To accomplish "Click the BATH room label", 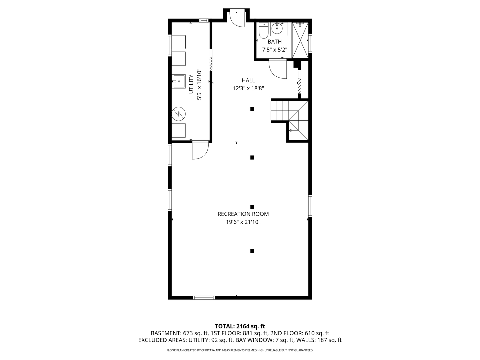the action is click(274, 42).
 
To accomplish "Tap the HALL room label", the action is click(248, 80).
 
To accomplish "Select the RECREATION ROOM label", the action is click(243, 214).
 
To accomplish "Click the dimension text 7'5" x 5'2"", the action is click(274, 50).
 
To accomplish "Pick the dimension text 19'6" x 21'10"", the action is click(243, 222).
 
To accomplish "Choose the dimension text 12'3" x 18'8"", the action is click(248, 89).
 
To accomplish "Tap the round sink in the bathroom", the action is click(277, 28).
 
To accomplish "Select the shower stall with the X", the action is click(300, 40).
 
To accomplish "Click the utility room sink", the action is click(178, 81).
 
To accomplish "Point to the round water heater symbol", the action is click(178, 114).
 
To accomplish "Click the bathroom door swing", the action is click(278, 69).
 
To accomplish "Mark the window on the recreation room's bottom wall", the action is click(204, 297).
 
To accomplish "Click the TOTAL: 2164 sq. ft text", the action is click(240, 326).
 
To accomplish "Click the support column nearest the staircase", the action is click(252, 109).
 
